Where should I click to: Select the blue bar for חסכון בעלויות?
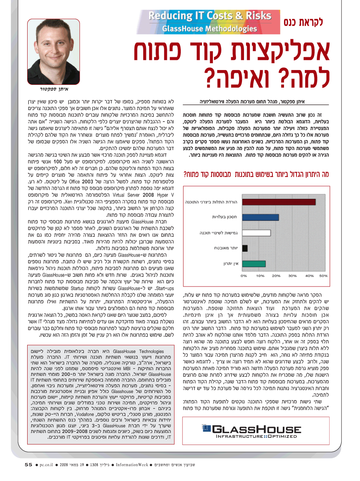(x=260, y=217)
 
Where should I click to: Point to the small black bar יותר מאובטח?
(x=245, y=248)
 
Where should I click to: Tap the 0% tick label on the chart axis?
(x=244, y=276)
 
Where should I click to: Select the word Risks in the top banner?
(x=251, y=16)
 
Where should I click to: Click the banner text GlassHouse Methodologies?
(x=209, y=28)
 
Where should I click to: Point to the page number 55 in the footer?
(x=28, y=465)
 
